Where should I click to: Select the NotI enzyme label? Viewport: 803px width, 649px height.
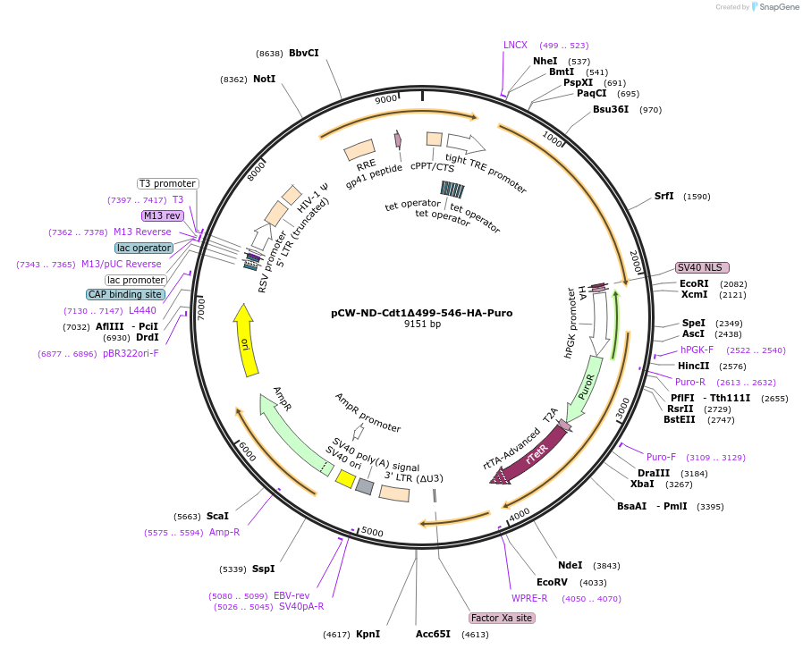coord(264,79)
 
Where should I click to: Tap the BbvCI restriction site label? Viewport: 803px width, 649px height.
coord(303,53)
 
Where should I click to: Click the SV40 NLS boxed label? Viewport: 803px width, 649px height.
coord(702,267)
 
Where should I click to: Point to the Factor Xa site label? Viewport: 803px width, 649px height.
coord(502,618)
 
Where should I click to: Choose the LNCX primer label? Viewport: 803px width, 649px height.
coord(516,45)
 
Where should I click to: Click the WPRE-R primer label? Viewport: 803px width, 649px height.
coord(529,598)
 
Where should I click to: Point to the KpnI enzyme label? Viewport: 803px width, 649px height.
coord(368,634)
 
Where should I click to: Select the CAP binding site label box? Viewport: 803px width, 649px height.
coord(125,294)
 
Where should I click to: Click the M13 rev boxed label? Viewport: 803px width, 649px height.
coord(162,215)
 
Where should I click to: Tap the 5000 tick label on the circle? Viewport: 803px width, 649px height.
coord(373,533)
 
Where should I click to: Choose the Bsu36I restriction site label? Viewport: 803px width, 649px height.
coord(611,109)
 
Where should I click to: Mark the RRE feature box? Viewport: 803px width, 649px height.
coord(359,149)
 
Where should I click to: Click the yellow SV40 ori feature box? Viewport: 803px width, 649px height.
coord(344,479)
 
